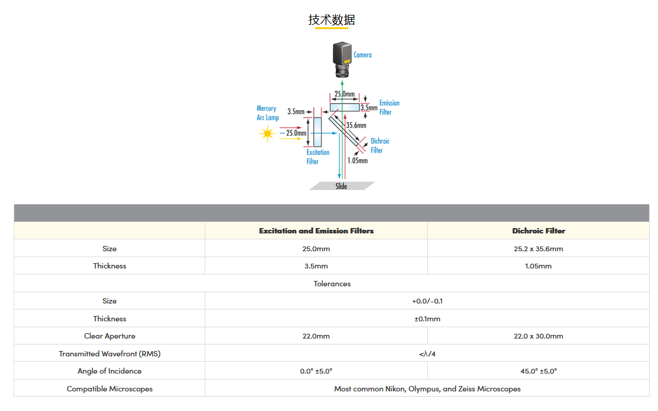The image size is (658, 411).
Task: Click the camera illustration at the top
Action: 342,61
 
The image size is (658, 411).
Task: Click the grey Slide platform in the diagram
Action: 342,186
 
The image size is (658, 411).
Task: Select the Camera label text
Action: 363,55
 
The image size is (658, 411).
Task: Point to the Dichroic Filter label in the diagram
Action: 380,146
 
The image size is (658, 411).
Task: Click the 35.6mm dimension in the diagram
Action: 356,125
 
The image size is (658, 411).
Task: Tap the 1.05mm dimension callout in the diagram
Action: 357,160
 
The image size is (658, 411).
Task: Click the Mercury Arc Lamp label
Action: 267,113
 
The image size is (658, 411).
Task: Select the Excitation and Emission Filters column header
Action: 316,231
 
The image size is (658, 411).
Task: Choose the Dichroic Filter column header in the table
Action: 538,231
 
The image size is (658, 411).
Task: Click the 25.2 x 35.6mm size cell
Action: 538,249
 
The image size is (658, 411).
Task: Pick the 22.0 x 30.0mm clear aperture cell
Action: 538,336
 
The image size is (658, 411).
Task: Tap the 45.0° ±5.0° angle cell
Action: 538,371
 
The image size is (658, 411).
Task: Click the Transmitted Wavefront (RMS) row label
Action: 110,354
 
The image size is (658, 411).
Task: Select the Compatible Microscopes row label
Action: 110,389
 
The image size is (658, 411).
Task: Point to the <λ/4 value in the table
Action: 427,354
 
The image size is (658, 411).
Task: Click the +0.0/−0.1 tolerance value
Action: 427,301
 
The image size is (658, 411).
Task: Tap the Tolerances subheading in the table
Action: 332,284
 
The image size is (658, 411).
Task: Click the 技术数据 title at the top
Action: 332,20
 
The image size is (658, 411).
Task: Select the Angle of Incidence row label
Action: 110,371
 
